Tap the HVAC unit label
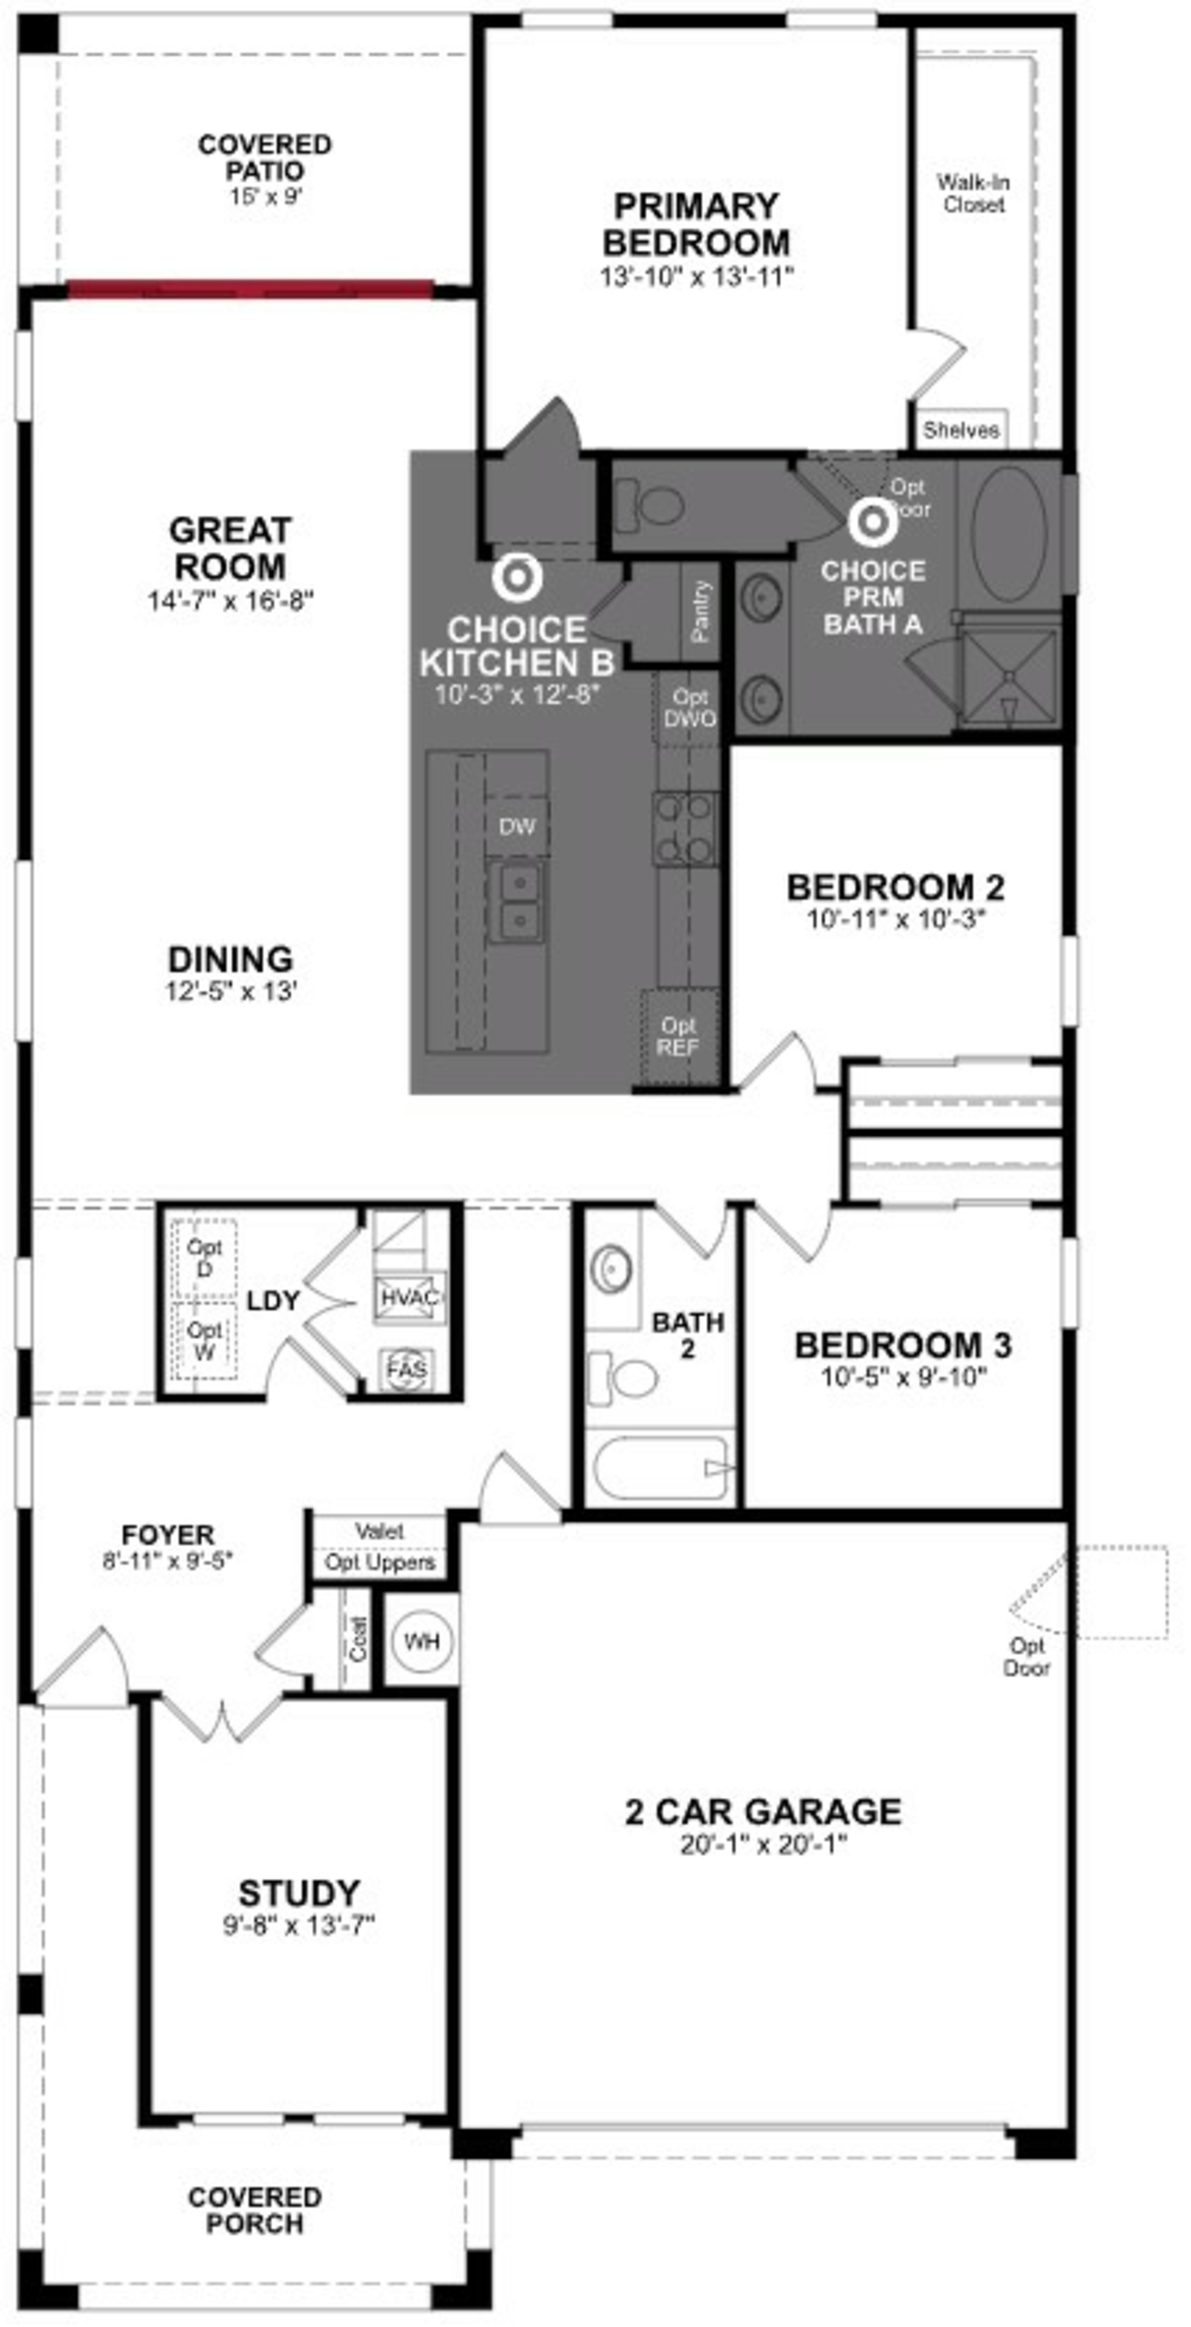409,1297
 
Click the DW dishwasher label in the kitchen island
517,826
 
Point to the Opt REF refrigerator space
679,1037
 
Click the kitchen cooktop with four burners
686,828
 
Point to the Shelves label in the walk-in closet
961,430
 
